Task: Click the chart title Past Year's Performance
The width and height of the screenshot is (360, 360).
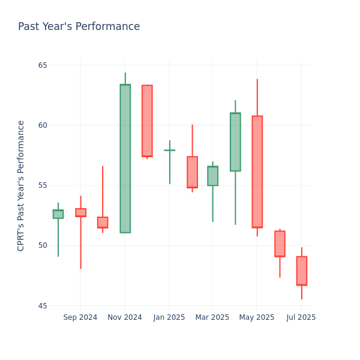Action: tap(79, 27)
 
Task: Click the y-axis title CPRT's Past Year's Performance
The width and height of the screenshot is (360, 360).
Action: tap(21, 185)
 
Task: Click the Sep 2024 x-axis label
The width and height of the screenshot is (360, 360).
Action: tap(80, 317)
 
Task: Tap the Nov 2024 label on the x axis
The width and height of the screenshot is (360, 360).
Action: tap(125, 317)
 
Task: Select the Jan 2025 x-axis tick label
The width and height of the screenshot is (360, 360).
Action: tap(169, 317)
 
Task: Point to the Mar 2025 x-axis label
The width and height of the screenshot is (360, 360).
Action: tap(212, 317)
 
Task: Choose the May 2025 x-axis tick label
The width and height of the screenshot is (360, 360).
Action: tap(257, 317)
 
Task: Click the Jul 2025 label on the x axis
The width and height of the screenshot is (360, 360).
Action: tap(301, 317)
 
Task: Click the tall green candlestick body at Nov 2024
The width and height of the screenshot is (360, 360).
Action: tap(125, 158)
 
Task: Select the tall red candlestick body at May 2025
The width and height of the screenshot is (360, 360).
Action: tap(257, 172)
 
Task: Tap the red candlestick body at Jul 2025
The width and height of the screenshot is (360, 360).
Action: tap(301, 271)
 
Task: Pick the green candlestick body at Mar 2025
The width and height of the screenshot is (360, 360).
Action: tap(212, 176)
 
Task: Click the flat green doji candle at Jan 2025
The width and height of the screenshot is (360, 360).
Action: tap(169, 150)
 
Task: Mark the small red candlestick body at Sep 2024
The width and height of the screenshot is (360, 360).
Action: tap(80, 212)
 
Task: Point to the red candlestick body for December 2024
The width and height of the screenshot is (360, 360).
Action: tap(147, 121)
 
